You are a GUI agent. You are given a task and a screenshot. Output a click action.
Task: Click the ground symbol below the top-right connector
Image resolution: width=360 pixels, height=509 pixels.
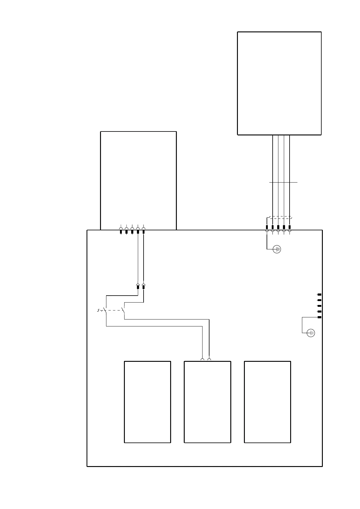click(x=277, y=249)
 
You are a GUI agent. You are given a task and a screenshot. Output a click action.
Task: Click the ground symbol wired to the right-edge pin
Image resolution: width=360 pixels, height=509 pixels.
click(x=311, y=333)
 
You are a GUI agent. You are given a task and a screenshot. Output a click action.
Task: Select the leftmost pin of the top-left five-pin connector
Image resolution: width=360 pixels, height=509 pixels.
click(x=121, y=232)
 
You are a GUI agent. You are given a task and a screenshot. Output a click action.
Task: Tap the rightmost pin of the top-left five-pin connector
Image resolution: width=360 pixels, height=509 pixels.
click(x=144, y=232)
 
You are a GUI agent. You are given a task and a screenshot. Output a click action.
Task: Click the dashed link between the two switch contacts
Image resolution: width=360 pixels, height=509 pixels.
click(x=113, y=310)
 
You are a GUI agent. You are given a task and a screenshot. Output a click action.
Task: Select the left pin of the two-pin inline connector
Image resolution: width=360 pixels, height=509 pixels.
click(x=138, y=287)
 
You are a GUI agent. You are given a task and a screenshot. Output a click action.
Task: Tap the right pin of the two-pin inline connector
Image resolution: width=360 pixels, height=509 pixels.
click(x=144, y=287)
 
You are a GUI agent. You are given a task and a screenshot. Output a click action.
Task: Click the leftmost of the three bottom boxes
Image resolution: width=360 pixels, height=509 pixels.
click(x=148, y=402)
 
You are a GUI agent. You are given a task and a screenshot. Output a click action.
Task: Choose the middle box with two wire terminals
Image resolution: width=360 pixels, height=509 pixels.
click(x=207, y=402)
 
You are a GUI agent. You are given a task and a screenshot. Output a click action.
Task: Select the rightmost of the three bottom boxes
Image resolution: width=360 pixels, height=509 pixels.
click(x=267, y=402)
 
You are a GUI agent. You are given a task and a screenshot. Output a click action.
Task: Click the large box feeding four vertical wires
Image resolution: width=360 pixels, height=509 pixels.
click(x=279, y=83)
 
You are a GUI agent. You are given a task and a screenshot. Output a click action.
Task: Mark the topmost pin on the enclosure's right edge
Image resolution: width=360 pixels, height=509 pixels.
click(x=319, y=294)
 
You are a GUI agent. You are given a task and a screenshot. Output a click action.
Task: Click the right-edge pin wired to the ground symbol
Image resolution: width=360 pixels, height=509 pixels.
click(x=319, y=317)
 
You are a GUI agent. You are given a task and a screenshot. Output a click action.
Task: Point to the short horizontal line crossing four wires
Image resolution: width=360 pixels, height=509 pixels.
click(x=283, y=182)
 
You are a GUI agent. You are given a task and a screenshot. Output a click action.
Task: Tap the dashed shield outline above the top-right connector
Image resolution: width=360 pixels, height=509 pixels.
click(x=280, y=217)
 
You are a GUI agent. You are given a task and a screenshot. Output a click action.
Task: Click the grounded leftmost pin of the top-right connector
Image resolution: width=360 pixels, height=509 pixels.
click(x=267, y=227)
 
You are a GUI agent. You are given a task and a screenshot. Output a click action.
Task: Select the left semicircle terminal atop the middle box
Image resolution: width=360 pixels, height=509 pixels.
click(x=203, y=359)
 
